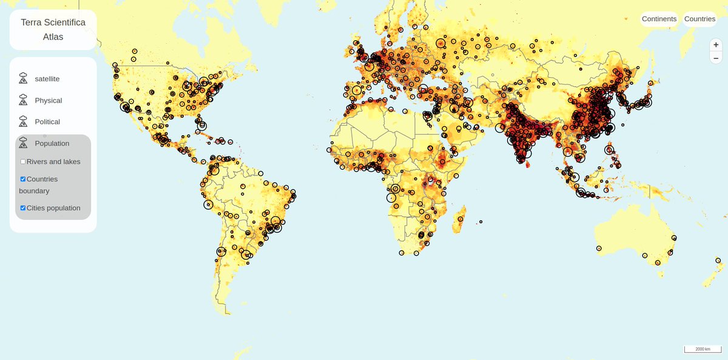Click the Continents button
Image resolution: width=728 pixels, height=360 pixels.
pyautogui.click(x=659, y=19)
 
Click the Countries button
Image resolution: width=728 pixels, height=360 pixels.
pyautogui.click(x=699, y=19)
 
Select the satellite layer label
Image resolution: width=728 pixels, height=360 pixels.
pyautogui.click(x=47, y=79)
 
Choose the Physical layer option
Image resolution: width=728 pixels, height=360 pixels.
pyautogui.click(x=49, y=100)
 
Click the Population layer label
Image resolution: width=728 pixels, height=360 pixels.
pyautogui.click(x=52, y=143)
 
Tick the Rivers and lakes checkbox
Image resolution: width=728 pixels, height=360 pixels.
pyautogui.click(x=23, y=162)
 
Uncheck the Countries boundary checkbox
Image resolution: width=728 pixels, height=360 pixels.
pyautogui.click(x=23, y=179)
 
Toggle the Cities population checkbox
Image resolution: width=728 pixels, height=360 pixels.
pyautogui.click(x=23, y=208)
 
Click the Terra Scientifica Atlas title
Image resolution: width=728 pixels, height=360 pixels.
pyautogui.click(x=53, y=30)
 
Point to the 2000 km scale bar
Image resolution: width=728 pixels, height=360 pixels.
pyautogui.click(x=703, y=349)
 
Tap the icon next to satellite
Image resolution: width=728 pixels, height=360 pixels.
pyautogui.click(x=23, y=78)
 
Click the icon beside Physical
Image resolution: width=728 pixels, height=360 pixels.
pyautogui.click(x=23, y=100)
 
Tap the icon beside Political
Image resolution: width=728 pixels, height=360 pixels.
pyautogui.click(x=23, y=121)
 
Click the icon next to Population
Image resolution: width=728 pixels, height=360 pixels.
pyautogui.click(x=23, y=143)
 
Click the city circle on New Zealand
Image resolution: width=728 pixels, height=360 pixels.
pyautogui.click(x=718, y=260)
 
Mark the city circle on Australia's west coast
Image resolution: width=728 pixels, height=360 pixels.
pyautogui.click(x=599, y=248)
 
